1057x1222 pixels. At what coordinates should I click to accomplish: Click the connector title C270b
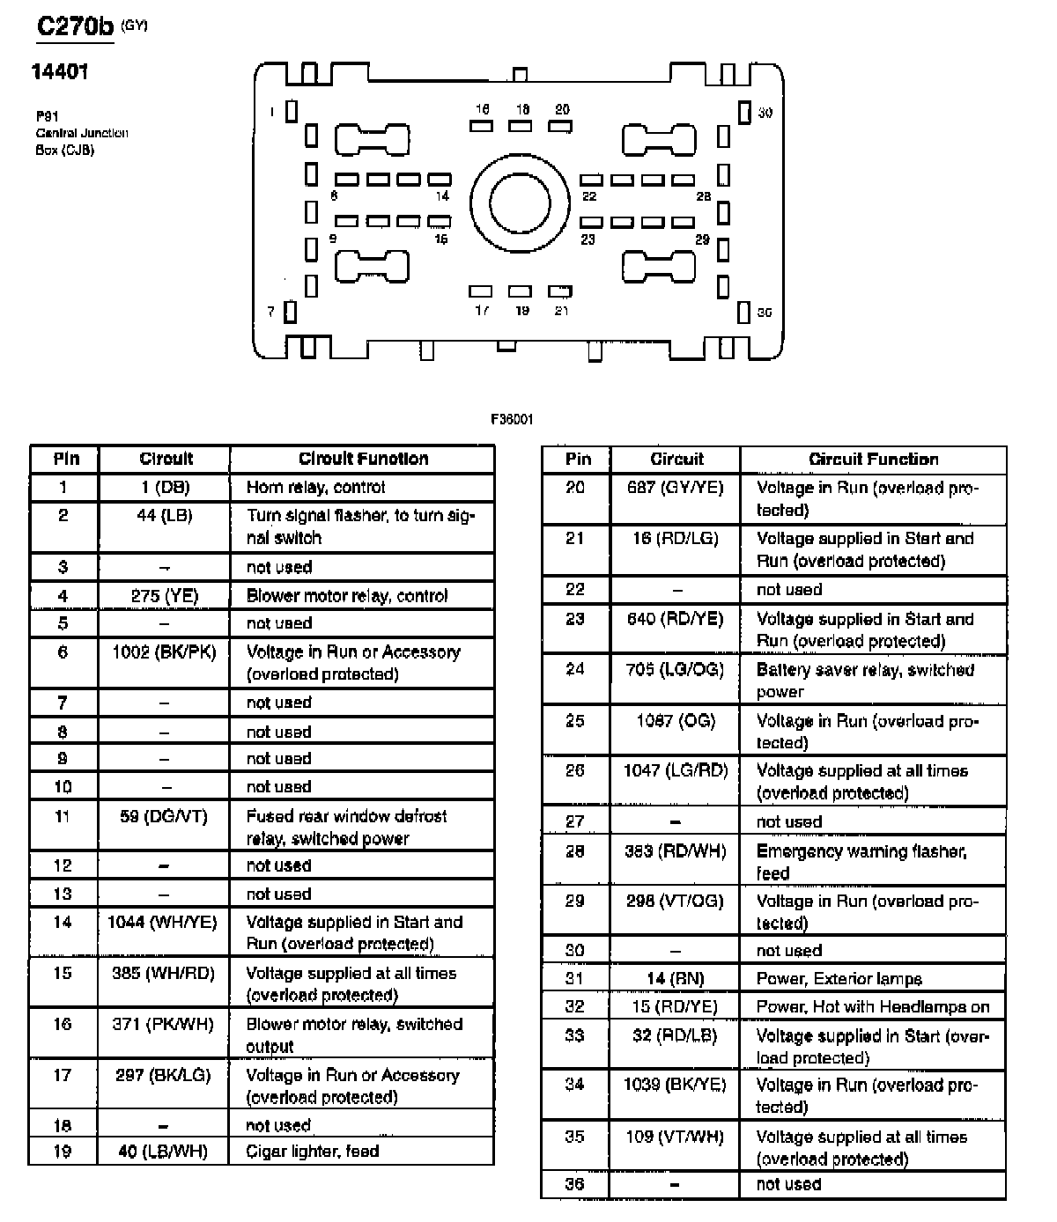click(76, 26)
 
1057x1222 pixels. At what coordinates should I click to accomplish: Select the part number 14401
click(60, 72)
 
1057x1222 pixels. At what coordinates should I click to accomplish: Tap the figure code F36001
click(512, 420)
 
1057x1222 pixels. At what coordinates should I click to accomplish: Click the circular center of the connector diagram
click(519, 203)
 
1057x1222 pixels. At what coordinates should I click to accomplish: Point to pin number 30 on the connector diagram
click(765, 113)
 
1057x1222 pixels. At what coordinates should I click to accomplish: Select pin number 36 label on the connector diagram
click(765, 313)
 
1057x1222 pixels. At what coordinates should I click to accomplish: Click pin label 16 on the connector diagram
click(482, 110)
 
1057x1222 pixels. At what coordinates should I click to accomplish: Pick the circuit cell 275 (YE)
click(165, 596)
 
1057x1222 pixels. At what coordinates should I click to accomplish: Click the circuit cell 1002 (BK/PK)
click(165, 652)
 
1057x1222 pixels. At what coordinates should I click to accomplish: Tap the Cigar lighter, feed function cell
click(313, 1152)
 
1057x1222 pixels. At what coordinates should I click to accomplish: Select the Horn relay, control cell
click(315, 488)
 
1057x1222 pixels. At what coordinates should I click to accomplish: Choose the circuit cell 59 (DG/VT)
click(164, 817)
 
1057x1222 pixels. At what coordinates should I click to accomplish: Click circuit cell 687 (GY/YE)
click(675, 488)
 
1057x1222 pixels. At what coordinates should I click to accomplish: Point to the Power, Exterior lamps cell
click(839, 979)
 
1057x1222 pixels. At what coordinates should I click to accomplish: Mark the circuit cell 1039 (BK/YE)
click(675, 1086)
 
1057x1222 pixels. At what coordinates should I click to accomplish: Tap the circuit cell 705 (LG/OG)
click(675, 670)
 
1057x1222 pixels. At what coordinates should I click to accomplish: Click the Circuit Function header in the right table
click(873, 460)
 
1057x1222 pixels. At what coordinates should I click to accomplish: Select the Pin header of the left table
click(66, 459)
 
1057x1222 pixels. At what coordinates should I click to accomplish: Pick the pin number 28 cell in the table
click(575, 851)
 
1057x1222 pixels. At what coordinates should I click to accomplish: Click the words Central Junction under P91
click(82, 133)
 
